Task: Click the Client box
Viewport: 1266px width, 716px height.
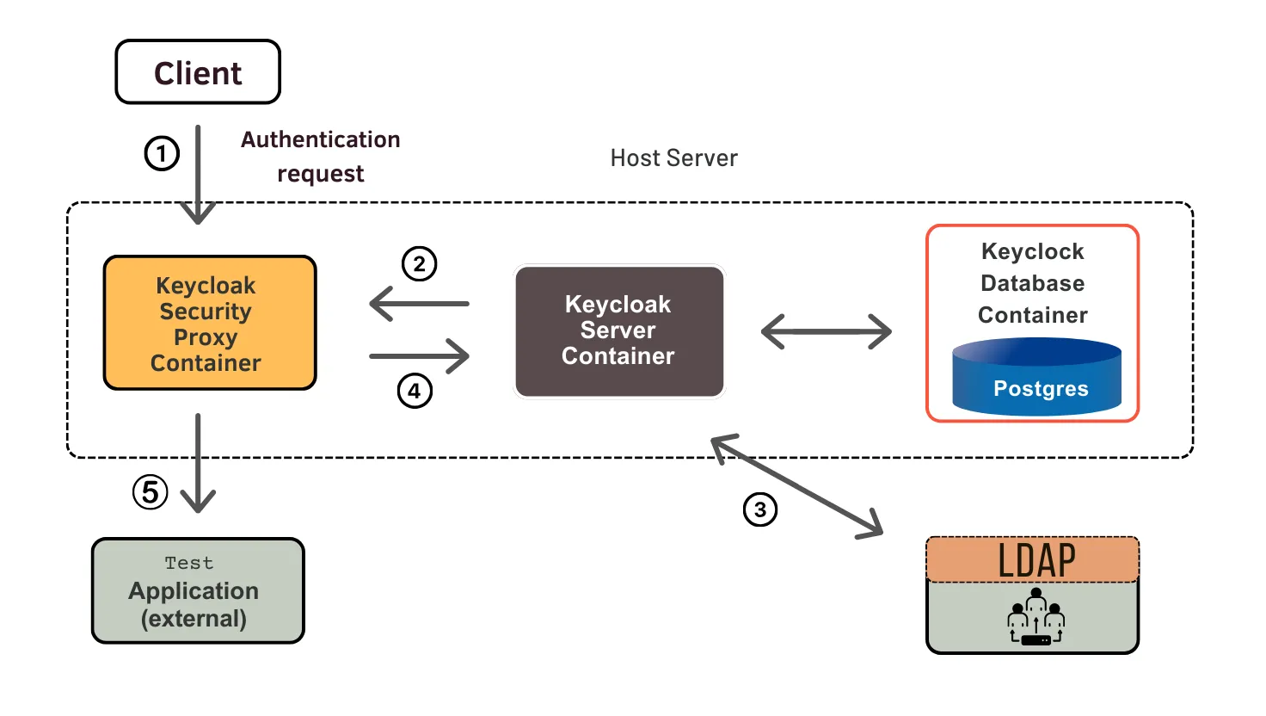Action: click(198, 72)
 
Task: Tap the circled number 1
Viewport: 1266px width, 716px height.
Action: click(162, 154)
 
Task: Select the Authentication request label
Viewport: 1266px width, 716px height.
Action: click(320, 157)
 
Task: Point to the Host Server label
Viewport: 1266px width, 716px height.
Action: click(673, 158)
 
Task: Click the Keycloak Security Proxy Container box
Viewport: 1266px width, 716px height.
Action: click(210, 323)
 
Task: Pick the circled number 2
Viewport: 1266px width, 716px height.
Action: click(420, 264)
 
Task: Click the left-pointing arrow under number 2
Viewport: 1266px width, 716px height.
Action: click(419, 304)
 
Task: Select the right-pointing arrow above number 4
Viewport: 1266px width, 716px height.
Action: click(419, 355)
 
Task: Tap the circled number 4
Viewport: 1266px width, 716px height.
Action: click(415, 392)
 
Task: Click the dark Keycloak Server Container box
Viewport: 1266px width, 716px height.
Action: click(618, 331)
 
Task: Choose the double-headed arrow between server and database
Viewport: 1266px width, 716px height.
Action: click(827, 331)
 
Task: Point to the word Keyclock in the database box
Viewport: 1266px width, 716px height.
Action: click(1032, 251)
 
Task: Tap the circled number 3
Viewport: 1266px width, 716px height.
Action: click(760, 509)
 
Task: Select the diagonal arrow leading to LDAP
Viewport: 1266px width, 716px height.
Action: click(797, 486)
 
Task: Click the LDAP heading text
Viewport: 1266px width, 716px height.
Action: click(1036, 561)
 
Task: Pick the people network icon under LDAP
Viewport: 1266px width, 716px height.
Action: click(1036, 617)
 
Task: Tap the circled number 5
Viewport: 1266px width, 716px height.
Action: click(151, 492)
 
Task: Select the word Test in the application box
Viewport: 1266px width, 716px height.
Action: click(189, 563)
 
